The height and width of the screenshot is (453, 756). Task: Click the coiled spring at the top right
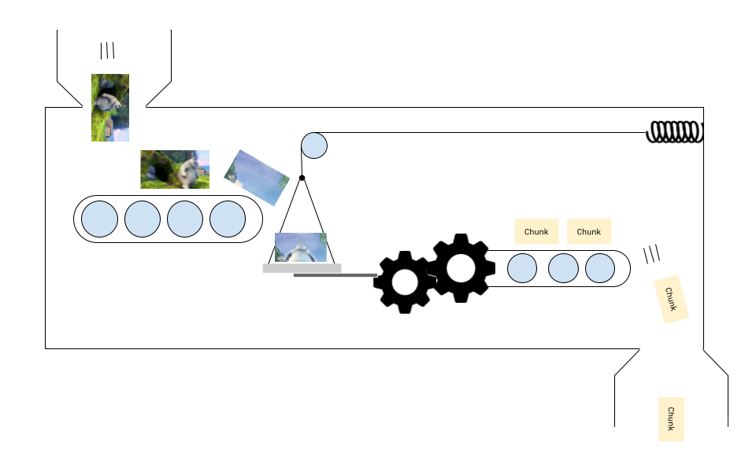674,133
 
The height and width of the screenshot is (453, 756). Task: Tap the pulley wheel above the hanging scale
314,145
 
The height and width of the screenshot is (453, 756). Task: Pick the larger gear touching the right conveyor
460,267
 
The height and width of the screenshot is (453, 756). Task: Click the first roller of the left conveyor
100,219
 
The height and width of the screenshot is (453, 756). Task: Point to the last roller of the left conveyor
228,219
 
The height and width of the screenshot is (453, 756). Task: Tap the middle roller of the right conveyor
563,268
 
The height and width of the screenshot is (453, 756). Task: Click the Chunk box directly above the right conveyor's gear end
536,231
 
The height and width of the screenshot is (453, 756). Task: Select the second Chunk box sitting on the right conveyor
589,231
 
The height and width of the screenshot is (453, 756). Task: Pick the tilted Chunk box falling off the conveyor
672,299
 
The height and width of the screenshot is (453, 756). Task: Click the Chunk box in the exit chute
671,418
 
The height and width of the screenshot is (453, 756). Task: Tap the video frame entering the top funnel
110,108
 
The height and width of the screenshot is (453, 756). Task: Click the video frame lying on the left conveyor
175,169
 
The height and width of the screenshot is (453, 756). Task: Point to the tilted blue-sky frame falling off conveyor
257,178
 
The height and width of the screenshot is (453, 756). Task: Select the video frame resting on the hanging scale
300,247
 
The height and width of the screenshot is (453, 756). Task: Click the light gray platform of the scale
302,268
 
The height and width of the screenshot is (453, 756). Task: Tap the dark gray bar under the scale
335,275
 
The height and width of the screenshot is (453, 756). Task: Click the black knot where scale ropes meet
302,178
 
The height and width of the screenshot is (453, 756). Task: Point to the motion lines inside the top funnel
107,51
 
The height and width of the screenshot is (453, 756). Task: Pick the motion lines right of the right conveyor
651,254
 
